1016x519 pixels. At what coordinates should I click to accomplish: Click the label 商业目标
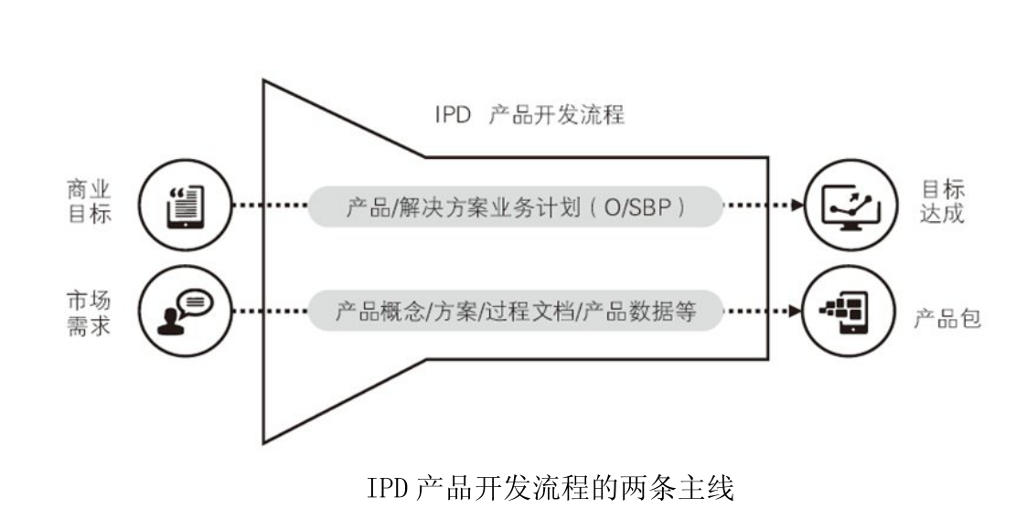coord(90,205)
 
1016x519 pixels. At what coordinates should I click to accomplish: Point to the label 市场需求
coord(90,312)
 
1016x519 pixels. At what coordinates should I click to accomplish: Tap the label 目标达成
coord(942,205)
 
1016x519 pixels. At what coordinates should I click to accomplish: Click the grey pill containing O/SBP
coord(514,207)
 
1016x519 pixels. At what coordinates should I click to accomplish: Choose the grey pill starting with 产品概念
coord(514,312)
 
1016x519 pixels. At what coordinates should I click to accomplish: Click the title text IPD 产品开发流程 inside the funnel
coord(529,117)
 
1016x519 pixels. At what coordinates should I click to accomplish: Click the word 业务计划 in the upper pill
coord(529,207)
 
